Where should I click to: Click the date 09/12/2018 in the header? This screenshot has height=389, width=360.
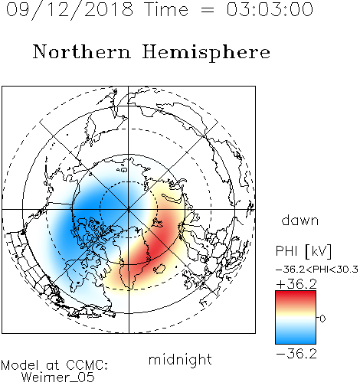(70, 10)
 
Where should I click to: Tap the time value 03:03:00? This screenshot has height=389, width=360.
(270, 9)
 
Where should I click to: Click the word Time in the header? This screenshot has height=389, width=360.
(166, 9)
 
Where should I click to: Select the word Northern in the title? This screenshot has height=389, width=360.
(82, 51)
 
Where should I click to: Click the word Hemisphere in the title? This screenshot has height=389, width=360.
(206, 53)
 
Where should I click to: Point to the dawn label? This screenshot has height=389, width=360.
(300, 220)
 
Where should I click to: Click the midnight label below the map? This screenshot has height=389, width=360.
(180, 360)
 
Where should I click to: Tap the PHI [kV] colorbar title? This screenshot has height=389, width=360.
(303, 251)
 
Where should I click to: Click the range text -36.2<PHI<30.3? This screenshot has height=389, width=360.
(317, 270)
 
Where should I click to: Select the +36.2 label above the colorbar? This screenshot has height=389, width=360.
(296, 284)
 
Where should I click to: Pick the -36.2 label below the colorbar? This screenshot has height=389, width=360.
(296, 354)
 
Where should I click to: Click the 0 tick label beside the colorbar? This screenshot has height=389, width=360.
(322, 319)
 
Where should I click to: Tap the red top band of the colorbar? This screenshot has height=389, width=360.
(296, 296)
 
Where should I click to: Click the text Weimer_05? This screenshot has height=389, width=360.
(58, 378)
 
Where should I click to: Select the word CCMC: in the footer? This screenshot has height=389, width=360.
(87, 365)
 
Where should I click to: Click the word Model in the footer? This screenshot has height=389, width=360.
(20, 365)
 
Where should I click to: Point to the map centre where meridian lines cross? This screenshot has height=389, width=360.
(129, 209)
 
